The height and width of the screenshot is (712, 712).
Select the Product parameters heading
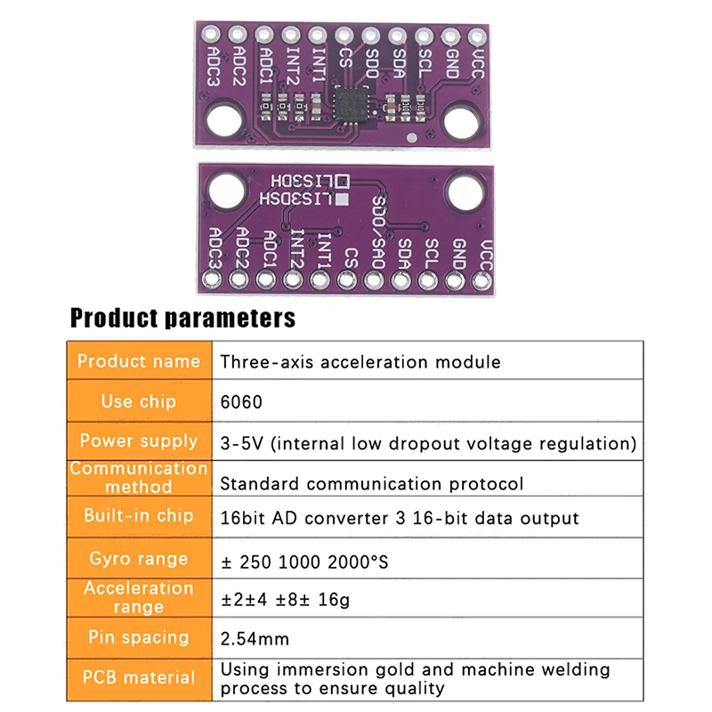pyautogui.click(x=183, y=318)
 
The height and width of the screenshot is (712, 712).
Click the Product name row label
pyautogui.click(x=139, y=361)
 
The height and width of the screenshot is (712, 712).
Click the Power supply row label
pyautogui.click(x=139, y=441)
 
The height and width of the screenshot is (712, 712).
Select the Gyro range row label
pyautogui.click(x=139, y=559)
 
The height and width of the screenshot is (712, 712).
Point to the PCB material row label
pyautogui.click(x=139, y=677)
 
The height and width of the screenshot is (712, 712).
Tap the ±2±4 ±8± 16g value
pyautogui.click(x=285, y=599)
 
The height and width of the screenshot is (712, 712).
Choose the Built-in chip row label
pyautogui.click(x=139, y=515)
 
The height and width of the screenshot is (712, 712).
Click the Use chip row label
pyautogui.click(x=139, y=401)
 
